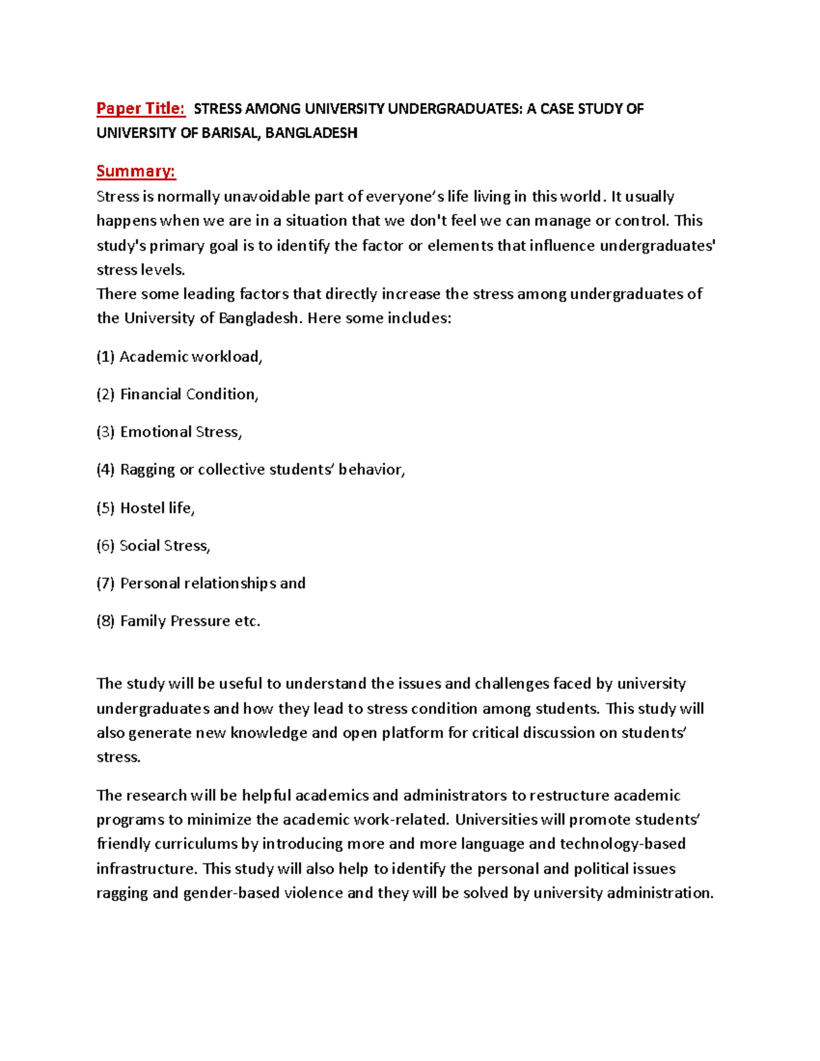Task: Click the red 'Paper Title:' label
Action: point(140,109)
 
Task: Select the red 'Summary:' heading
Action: point(136,171)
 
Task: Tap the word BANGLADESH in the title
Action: point(311,133)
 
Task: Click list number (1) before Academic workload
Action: point(105,357)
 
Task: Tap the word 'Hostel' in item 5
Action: point(142,508)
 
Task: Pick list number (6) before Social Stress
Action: point(105,545)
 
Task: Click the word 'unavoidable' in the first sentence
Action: point(266,197)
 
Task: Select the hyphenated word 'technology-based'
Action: point(623,844)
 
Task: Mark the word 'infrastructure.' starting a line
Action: point(147,869)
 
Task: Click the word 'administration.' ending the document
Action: point(660,893)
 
